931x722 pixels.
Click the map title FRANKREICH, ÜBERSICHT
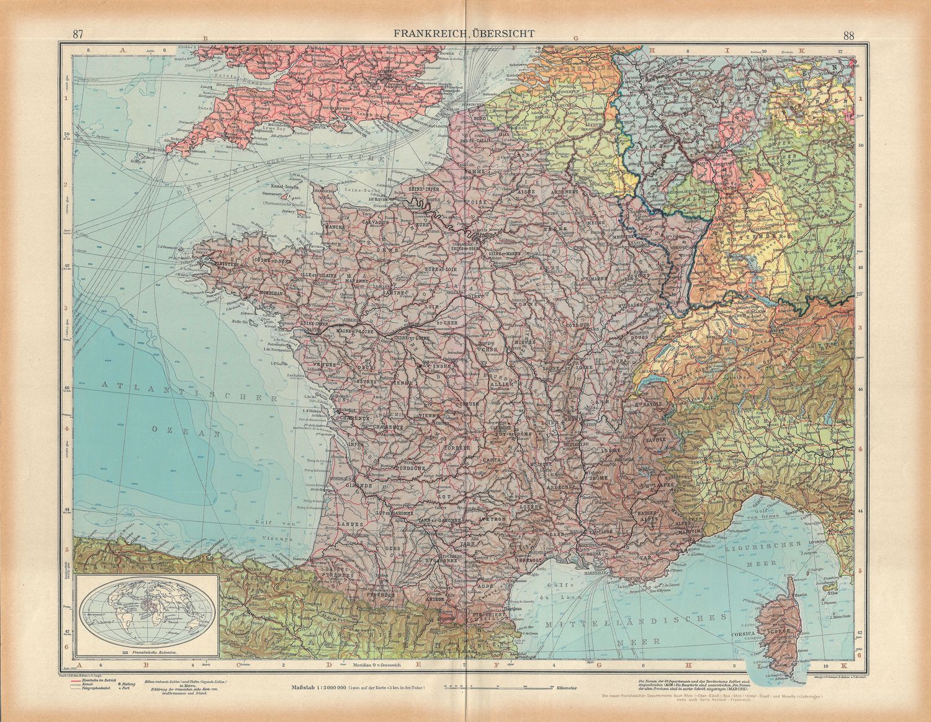(465, 35)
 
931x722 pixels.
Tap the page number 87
(78, 35)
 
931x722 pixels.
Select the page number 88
(848, 35)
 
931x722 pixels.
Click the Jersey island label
(287, 210)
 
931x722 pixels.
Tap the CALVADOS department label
(372, 222)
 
